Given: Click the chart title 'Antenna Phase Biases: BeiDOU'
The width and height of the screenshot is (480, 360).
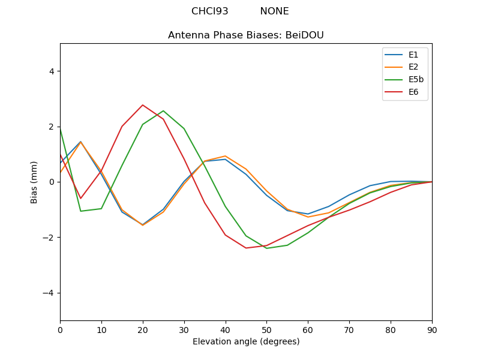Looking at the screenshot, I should pyautogui.click(x=246, y=35).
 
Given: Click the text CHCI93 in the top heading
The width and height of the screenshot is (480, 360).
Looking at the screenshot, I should pyautogui.click(x=210, y=11).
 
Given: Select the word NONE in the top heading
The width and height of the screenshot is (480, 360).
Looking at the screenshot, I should pyautogui.click(x=274, y=11).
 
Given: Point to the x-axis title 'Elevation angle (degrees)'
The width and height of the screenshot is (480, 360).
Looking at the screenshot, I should pyautogui.click(x=246, y=342).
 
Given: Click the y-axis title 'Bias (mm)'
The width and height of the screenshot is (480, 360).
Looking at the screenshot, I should pyautogui.click(x=34, y=182).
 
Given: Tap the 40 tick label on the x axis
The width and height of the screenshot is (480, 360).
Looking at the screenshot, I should pyautogui.click(x=225, y=329).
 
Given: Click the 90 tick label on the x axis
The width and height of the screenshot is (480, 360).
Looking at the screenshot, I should pyautogui.click(x=432, y=329).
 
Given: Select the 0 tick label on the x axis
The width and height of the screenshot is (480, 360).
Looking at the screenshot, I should pyautogui.click(x=60, y=329).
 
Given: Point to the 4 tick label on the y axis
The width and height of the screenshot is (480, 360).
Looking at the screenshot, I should pyautogui.click(x=51, y=71).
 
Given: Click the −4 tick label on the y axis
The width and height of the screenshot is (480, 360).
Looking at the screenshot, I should pyautogui.click(x=49, y=293).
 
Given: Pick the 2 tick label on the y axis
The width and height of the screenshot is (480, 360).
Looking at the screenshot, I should pyautogui.click(x=51, y=127).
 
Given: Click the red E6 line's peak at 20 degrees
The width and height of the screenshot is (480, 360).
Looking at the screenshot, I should pyautogui.click(x=143, y=105).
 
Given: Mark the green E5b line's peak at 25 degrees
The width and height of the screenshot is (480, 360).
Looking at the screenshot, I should pyautogui.click(x=163, y=111).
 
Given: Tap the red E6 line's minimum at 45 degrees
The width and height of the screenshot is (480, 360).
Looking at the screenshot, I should pyautogui.click(x=246, y=248).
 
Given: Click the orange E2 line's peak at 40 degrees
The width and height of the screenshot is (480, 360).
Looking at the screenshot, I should pyautogui.click(x=225, y=156).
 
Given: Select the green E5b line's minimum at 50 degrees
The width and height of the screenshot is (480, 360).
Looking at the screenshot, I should pyautogui.click(x=266, y=248).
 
